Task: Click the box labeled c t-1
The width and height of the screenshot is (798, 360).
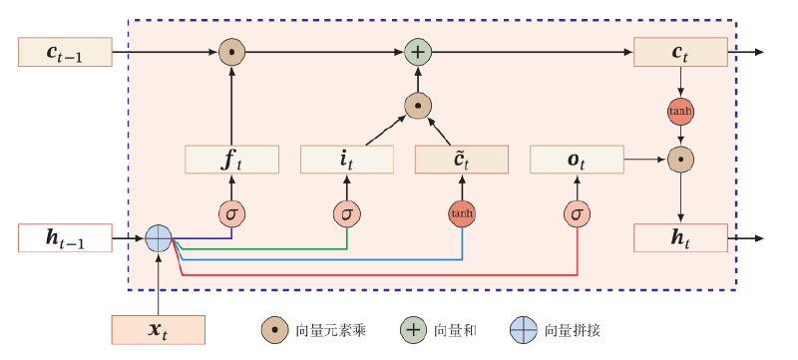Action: coord(65,52)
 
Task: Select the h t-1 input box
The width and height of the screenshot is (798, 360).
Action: coord(65,238)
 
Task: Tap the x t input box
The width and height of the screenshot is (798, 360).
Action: coord(159,330)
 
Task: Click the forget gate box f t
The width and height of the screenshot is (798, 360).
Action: coord(231,160)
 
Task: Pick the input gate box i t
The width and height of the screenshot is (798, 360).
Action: coord(347,160)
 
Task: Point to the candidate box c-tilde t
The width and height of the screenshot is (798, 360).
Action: coord(462,160)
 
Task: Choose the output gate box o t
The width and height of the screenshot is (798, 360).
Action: coord(578,160)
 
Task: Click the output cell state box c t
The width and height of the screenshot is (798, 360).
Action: coord(680,52)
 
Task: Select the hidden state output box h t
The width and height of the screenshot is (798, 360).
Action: coord(680,238)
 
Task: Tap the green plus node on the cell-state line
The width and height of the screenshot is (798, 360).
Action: coord(418,52)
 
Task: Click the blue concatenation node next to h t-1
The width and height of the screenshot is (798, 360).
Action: coord(159,238)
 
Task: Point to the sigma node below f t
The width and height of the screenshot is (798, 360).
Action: coord(232,214)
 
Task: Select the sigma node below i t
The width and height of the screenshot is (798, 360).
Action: coord(347,214)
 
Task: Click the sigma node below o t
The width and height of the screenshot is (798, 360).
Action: coord(578,214)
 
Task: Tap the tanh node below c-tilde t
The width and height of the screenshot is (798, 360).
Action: coord(462,214)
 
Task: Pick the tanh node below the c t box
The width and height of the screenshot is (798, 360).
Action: coord(680,112)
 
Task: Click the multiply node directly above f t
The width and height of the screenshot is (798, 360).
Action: coord(232,52)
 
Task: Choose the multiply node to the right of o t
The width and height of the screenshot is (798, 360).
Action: coord(680,160)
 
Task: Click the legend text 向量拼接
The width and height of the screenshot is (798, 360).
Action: coord(573,331)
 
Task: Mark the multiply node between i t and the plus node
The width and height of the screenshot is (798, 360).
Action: coord(418,106)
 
